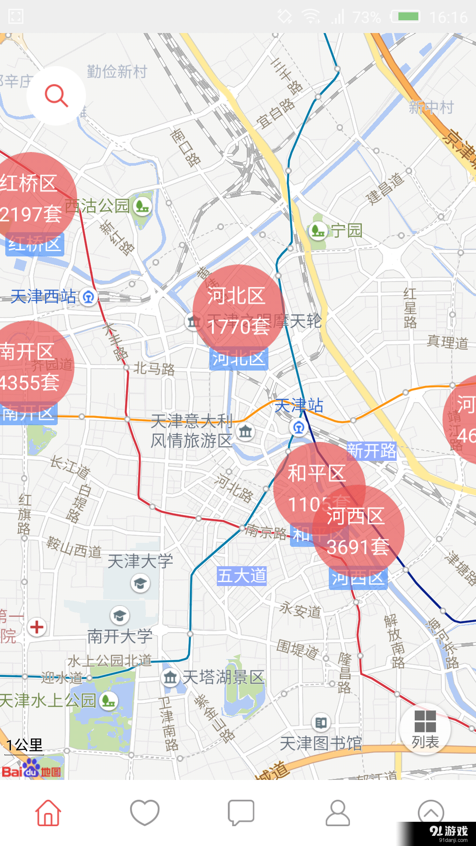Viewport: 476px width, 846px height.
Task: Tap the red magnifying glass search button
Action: (56, 96)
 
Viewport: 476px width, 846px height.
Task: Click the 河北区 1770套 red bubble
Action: (238, 311)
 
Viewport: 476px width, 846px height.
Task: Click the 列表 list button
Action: (425, 729)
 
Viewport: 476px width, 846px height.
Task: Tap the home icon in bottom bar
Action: (48, 813)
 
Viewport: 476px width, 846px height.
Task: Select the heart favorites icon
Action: (145, 813)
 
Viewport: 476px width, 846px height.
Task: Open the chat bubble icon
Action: (241, 813)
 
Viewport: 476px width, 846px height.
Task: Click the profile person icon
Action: (338, 813)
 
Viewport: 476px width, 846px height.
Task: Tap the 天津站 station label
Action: (299, 406)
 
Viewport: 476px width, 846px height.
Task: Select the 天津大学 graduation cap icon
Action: (140, 584)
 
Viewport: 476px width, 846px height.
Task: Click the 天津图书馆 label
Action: (321, 744)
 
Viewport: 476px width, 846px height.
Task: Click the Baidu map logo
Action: (32, 769)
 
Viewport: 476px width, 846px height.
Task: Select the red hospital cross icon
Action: (37, 627)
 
